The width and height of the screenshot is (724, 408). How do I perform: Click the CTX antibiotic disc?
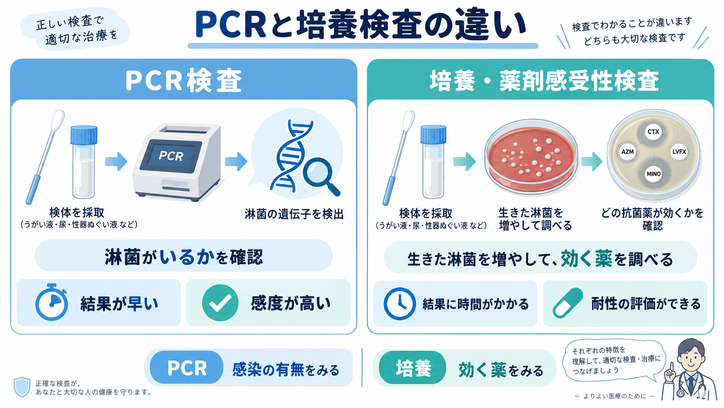[653, 132]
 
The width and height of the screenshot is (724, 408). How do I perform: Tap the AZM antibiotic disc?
[627, 152]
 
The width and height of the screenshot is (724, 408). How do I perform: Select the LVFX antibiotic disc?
[679, 152]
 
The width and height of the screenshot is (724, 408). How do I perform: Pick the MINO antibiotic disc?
[653, 174]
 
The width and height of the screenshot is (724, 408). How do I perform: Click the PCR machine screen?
[171, 157]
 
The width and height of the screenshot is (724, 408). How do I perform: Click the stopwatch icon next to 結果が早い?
[52, 302]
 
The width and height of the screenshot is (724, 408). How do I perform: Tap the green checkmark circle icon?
[220, 303]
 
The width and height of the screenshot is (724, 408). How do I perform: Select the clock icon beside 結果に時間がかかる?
[400, 304]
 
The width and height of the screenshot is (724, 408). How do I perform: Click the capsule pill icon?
[568, 303]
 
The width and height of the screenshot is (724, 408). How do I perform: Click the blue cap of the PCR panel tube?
[84, 135]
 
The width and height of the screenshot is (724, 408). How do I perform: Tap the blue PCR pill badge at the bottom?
[187, 368]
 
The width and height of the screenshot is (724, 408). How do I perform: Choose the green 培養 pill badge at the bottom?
[413, 368]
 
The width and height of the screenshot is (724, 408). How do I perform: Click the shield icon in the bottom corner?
[22, 387]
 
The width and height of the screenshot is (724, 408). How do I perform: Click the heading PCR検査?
[184, 80]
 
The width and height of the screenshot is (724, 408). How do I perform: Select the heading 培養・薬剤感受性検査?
[544, 81]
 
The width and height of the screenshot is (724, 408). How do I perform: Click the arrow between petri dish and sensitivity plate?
[592, 161]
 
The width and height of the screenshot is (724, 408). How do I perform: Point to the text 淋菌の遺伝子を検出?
[294, 214]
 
